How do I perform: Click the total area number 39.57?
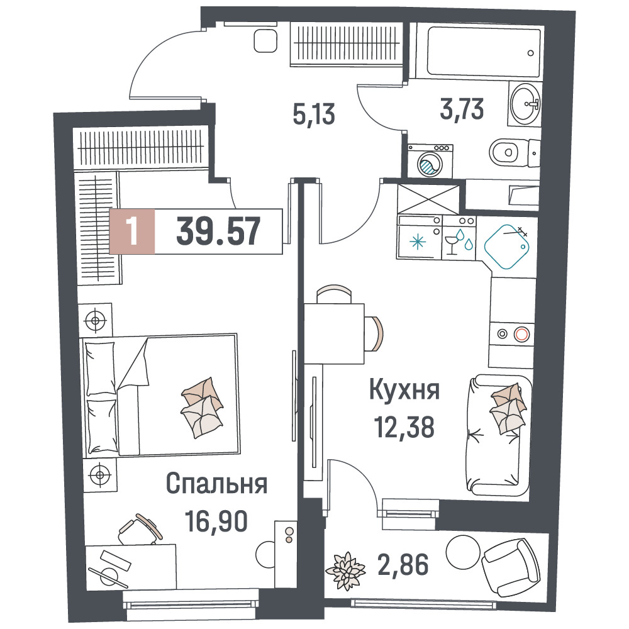218,231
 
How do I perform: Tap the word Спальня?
216,484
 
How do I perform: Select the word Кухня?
404,390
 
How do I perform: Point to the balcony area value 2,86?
403,564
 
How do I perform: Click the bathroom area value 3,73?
462,109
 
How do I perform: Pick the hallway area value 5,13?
314,114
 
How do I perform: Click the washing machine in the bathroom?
430,161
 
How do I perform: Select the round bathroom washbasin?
525,104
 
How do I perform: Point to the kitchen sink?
506,247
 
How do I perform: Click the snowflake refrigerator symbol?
418,242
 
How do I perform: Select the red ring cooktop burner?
522,334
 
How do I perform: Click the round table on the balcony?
463,550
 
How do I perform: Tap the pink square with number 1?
132,231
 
